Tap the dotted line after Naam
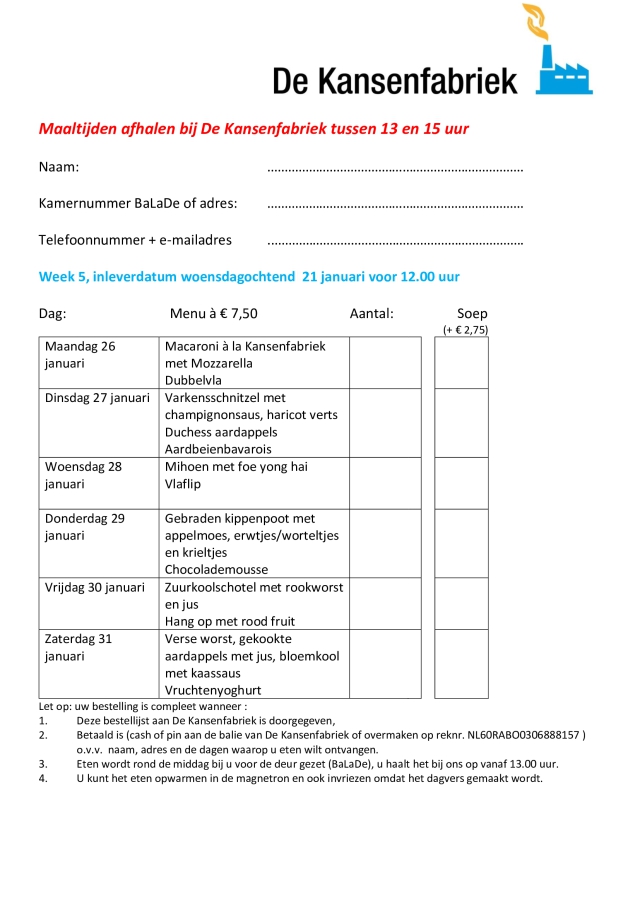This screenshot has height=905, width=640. click(x=395, y=170)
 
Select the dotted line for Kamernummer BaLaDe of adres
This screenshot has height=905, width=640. click(x=395, y=206)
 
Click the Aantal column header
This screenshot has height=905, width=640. click(x=372, y=313)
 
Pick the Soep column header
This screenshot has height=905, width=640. click(x=472, y=313)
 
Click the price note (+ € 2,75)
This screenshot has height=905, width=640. click(x=466, y=329)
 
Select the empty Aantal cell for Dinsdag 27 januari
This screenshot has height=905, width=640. click(x=385, y=423)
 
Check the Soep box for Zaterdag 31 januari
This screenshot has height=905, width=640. click(x=461, y=663)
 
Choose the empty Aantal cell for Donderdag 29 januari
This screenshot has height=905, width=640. click(x=385, y=543)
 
